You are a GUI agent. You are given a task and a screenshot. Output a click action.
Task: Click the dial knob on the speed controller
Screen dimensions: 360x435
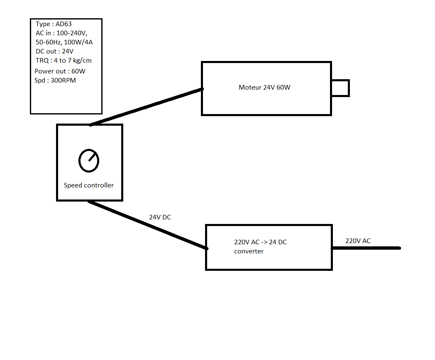pyautogui.click(x=89, y=161)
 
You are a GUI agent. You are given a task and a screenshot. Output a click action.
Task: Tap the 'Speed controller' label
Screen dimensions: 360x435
pyautogui.click(x=88, y=185)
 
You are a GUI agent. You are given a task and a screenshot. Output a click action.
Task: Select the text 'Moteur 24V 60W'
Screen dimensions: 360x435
pyautogui.click(x=264, y=88)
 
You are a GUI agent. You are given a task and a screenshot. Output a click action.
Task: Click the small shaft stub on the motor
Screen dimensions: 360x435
pyautogui.click(x=340, y=88)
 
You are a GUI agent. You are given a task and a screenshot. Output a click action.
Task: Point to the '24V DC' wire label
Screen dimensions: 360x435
pyautogui.click(x=160, y=217)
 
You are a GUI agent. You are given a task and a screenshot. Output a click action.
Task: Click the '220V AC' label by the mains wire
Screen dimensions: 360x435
pyautogui.click(x=358, y=241)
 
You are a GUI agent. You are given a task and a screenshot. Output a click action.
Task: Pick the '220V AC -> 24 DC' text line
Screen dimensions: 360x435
pyautogui.click(x=260, y=242)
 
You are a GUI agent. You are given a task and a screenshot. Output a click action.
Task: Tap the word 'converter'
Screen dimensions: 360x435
pyautogui.click(x=249, y=251)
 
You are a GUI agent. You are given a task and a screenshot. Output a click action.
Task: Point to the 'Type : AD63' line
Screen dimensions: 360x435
pyautogui.click(x=54, y=24)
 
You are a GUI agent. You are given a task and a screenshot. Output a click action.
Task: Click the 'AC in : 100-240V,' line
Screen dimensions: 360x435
pyautogui.click(x=61, y=33)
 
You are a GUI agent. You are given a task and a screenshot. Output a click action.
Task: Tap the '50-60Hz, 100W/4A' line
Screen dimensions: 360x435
pyautogui.click(x=67, y=42)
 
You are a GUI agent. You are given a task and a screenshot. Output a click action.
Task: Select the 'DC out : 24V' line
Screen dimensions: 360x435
pyautogui.click(x=54, y=51)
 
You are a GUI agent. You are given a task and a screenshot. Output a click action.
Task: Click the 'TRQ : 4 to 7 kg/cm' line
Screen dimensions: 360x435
pyautogui.click(x=64, y=61)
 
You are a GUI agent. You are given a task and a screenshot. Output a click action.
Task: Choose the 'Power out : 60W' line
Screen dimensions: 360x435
pyautogui.click(x=60, y=71)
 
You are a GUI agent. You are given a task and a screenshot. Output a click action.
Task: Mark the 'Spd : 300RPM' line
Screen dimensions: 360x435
pyautogui.click(x=55, y=80)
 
